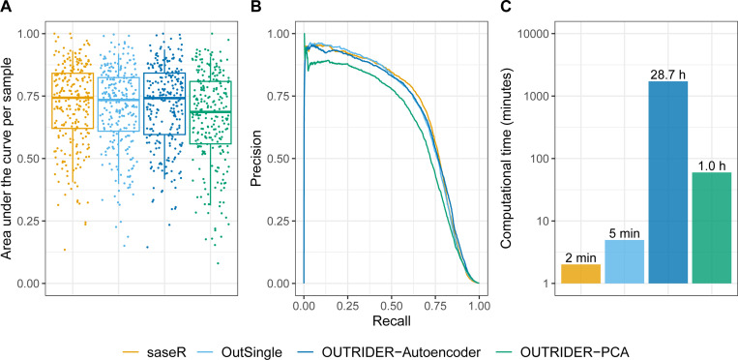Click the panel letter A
click(x=5, y=8)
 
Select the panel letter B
click(x=255, y=8)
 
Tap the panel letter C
click(x=506, y=8)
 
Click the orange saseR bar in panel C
click(x=580, y=274)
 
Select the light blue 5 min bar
click(x=624, y=261)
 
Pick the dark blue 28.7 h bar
click(x=667, y=182)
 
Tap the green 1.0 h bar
click(x=711, y=227)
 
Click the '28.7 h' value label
click(x=667, y=75)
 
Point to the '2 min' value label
click(x=580, y=257)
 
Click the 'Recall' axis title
click(x=391, y=322)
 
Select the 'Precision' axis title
click(x=256, y=159)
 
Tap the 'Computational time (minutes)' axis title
click(x=507, y=159)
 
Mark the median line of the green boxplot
click(x=211, y=111)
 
